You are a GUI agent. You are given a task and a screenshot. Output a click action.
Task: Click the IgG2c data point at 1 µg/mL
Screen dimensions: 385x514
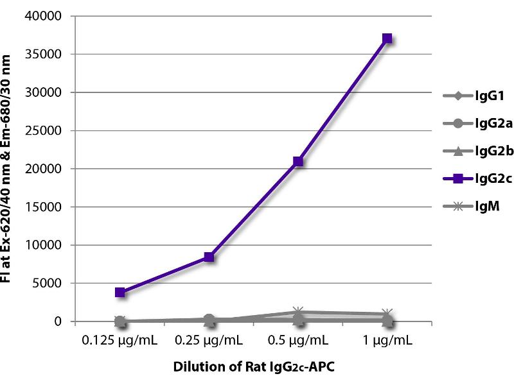pos(387,38)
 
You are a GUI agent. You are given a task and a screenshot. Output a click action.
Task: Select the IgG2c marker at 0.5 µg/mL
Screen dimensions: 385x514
pos(297,161)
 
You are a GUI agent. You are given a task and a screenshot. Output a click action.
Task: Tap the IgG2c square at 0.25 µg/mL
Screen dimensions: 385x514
pos(209,257)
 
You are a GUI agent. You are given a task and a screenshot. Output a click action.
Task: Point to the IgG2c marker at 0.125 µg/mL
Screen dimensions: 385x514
pos(120,292)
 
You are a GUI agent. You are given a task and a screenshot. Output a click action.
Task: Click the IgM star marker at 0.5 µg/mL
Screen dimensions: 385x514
pos(297,312)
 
